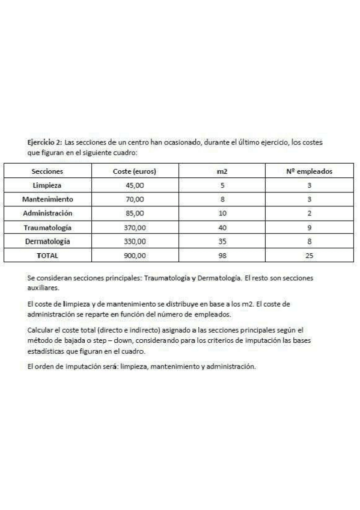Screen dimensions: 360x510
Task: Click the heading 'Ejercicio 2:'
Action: tap(45, 143)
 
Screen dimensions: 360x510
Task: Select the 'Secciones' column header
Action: tap(47, 171)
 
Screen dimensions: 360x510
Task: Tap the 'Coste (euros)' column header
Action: tap(135, 171)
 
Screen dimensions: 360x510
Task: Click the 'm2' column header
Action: tap(222, 172)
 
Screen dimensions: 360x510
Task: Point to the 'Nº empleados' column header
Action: tap(309, 171)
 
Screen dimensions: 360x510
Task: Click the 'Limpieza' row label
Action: tap(47, 185)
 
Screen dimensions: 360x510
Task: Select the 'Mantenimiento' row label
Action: tap(47, 199)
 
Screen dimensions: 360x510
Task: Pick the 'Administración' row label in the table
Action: tap(47, 213)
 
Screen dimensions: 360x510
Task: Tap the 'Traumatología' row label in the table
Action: tap(47, 227)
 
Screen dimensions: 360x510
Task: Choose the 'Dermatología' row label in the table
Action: tap(47, 241)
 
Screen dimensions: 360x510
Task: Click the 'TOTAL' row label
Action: tap(47, 255)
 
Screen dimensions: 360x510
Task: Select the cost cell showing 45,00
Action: tap(135, 185)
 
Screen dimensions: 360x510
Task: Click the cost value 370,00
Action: tap(135, 227)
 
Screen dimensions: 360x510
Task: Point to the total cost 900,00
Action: tap(135, 255)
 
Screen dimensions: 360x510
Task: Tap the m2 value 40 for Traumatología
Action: tap(222, 227)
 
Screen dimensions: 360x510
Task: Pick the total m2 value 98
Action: tap(222, 255)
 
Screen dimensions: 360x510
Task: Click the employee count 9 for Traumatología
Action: tap(309, 227)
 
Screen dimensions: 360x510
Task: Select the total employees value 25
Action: tap(309, 255)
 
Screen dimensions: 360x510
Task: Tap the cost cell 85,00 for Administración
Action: tap(135, 213)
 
